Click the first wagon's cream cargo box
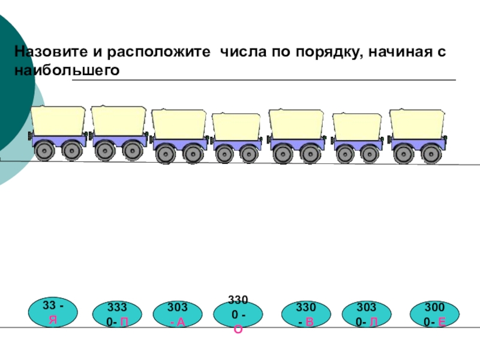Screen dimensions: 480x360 coord(59,121)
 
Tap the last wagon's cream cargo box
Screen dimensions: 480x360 coord(416,123)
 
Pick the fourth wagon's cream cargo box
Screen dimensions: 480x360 coord(236,127)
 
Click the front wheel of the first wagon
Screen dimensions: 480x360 coord(44,150)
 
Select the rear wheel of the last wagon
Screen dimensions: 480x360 coord(431,154)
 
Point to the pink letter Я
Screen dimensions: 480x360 coord(53,320)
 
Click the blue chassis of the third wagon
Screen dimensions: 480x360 coord(179,143)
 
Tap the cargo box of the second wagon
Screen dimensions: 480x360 coord(118,121)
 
